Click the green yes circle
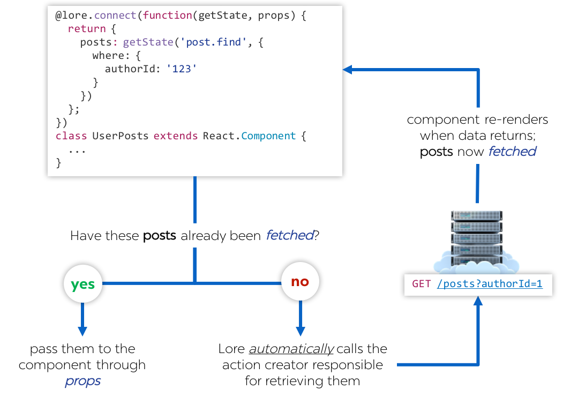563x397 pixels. click(x=82, y=284)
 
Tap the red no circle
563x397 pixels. click(x=300, y=281)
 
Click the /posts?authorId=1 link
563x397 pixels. click(x=490, y=284)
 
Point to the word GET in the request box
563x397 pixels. click(x=422, y=284)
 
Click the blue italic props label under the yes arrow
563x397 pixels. click(x=83, y=381)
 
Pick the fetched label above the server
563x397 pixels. click(x=512, y=152)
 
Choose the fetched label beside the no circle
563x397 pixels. click(x=290, y=235)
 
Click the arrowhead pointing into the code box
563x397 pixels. click(x=347, y=69)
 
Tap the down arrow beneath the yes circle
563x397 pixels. click(x=82, y=331)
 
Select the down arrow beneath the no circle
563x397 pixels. click(x=301, y=331)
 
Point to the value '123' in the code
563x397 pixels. click(x=182, y=69)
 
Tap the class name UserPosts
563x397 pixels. click(x=120, y=136)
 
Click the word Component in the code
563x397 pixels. click(x=268, y=136)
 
